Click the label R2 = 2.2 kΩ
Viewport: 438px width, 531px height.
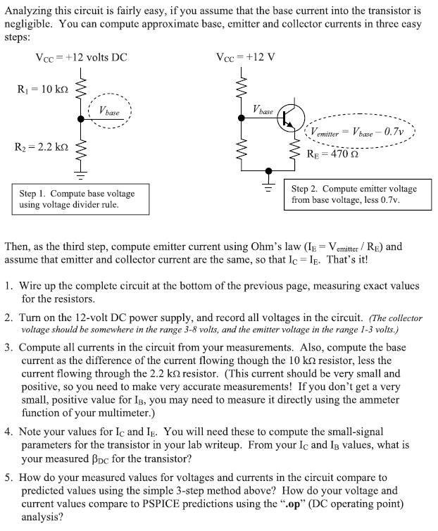(43, 147)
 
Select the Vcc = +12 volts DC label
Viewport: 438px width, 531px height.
(81, 57)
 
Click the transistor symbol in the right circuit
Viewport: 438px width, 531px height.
(292, 118)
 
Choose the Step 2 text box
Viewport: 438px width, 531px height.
(353, 194)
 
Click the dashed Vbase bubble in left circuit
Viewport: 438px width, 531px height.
(108, 111)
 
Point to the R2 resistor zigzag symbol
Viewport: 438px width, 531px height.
(82, 147)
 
